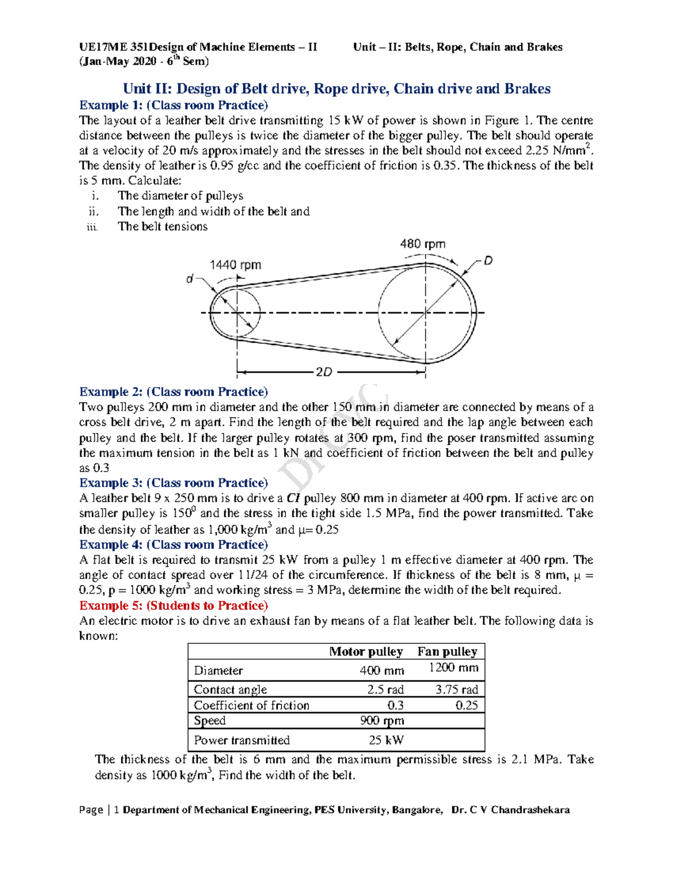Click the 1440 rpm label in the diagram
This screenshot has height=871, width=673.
235,265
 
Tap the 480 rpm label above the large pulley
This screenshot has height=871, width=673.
422,244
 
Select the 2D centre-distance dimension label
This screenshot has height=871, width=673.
324,372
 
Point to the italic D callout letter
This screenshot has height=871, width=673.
488,261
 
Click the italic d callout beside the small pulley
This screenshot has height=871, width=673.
190,279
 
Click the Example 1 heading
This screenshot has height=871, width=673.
173,105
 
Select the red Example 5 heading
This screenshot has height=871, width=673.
173,606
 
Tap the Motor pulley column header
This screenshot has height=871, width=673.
366,652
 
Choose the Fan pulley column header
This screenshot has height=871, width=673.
447,652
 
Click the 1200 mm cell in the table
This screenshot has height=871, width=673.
453,667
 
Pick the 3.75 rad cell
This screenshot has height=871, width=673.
457,690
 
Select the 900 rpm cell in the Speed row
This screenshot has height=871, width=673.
382,721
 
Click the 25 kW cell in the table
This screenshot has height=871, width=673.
386,740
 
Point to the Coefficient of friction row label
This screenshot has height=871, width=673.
251,706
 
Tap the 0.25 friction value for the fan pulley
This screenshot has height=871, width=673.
466,706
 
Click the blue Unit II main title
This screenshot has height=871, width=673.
336,89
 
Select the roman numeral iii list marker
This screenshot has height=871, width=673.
93,227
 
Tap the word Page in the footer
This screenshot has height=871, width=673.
91,810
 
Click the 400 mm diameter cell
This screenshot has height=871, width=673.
381,671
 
